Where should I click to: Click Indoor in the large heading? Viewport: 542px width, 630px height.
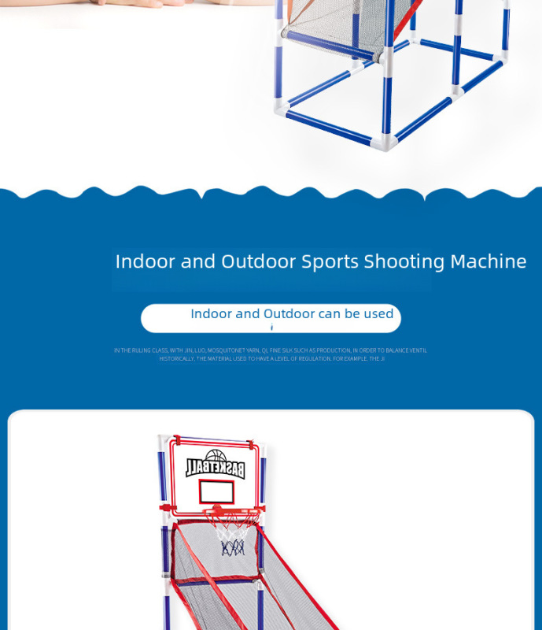point(146,261)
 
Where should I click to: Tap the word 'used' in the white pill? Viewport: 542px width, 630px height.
point(378,313)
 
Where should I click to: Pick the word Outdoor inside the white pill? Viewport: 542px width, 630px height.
point(289,313)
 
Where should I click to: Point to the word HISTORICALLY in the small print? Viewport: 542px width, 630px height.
point(176,358)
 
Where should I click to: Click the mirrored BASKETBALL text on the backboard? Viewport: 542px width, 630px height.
point(216,469)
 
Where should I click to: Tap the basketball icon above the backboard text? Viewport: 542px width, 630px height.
point(215,457)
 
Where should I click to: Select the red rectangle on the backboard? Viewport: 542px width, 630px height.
point(216,492)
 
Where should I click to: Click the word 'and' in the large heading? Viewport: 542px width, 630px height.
point(198,261)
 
